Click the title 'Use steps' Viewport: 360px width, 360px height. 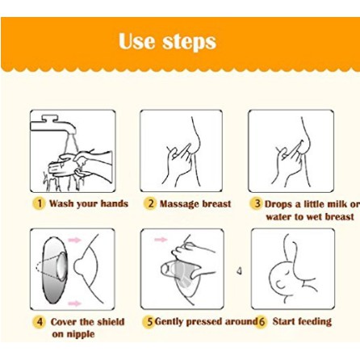[x=167, y=41]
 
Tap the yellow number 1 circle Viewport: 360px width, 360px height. [x=40, y=203]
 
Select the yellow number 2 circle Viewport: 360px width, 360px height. [x=149, y=203]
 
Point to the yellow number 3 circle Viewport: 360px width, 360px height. [x=257, y=203]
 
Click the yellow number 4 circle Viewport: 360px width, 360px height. [x=40, y=322]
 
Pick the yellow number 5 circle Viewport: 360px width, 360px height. [x=149, y=322]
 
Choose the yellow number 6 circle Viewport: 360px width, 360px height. [x=261, y=322]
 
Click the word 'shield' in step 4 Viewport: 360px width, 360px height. [x=111, y=322]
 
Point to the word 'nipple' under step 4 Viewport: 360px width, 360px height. [x=80, y=335]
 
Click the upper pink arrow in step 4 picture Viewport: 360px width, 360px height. [x=74, y=240]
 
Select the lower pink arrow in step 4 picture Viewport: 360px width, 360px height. [x=74, y=303]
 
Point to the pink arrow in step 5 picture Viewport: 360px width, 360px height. [x=161, y=239]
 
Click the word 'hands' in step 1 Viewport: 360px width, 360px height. [x=114, y=203]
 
